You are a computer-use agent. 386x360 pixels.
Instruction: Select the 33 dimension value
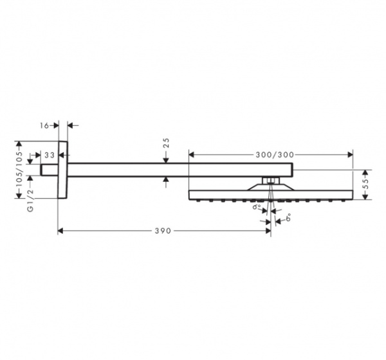pyautogui.click(x=49, y=155)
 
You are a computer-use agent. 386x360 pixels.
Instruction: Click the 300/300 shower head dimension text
pyautogui.click(x=275, y=155)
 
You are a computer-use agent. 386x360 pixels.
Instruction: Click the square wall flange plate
pyautogui.click(x=62, y=170)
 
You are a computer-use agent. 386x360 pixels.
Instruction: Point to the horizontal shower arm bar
pyautogui.click(x=180, y=170)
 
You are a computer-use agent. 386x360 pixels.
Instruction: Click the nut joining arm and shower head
pyautogui.click(x=270, y=179)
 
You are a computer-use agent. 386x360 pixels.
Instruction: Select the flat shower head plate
pyautogui.click(x=270, y=194)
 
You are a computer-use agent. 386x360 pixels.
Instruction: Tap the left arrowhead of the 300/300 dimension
pyautogui.click(x=192, y=155)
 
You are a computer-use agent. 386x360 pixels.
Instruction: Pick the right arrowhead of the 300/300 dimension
pyautogui.click(x=350, y=155)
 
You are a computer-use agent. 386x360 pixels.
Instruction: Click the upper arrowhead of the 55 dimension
pyautogui.click(x=366, y=172)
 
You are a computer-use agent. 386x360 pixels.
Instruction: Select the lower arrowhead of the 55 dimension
pyautogui.click(x=366, y=197)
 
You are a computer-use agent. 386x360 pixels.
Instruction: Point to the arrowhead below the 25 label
pyautogui.click(x=167, y=159)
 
